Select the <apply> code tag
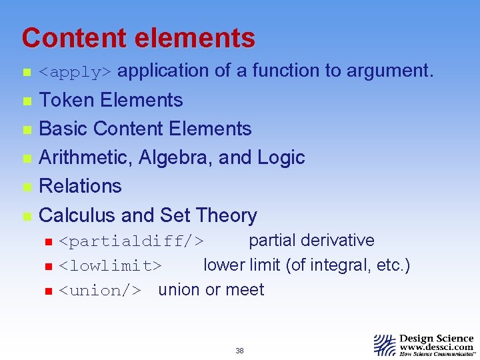77,71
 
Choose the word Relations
81,186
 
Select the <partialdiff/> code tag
131,241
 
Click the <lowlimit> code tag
110,266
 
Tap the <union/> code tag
100,290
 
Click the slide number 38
240,351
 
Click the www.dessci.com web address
437,347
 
